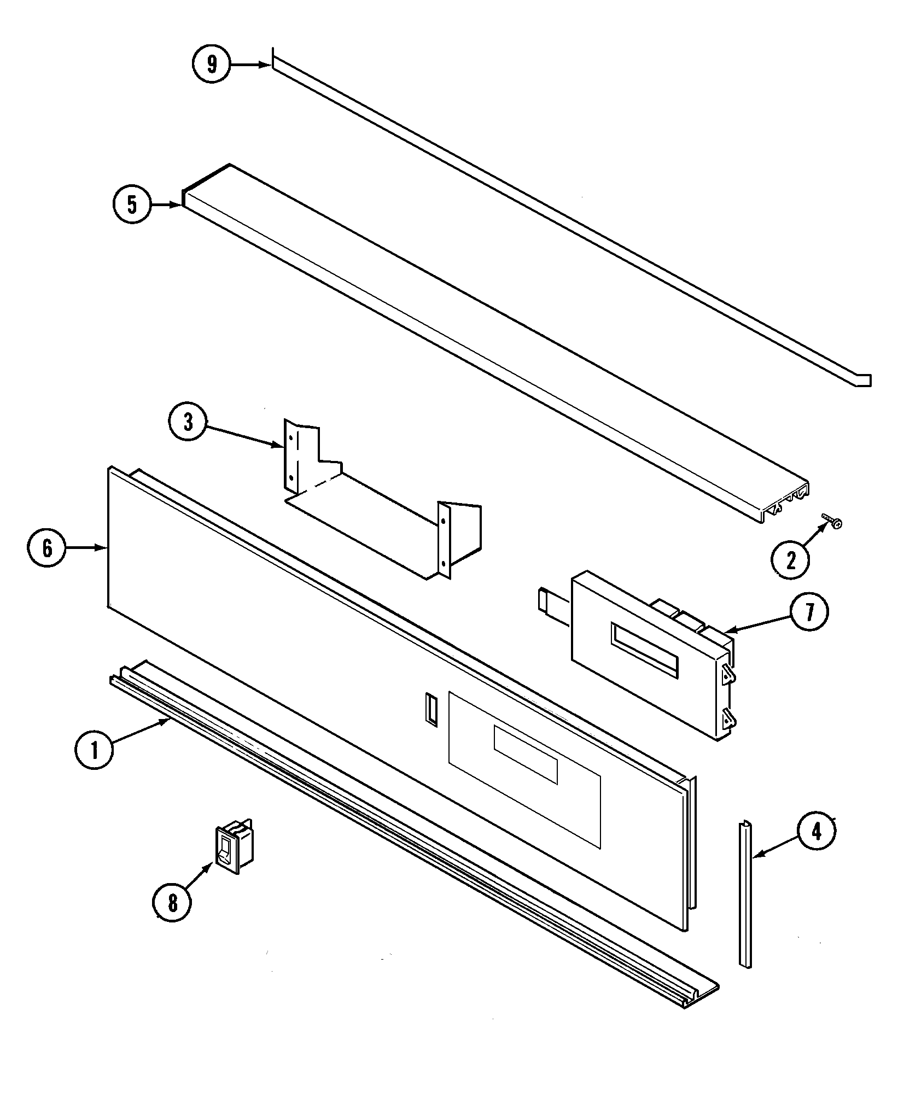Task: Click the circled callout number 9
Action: pos(211,65)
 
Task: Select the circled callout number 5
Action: pos(132,204)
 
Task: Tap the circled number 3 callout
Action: pos(188,422)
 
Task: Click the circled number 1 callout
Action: pos(94,751)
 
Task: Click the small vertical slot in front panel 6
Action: pos(431,710)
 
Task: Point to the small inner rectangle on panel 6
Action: pos(525,755)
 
